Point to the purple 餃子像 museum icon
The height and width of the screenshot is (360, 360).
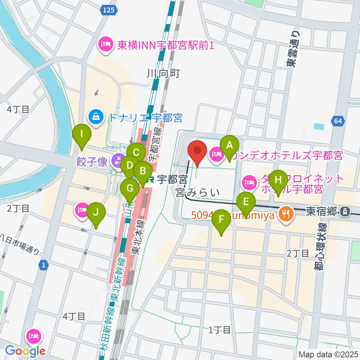point(119,162)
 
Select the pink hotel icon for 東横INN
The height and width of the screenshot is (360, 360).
point(105,45)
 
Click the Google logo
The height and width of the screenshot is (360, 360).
point(25,351)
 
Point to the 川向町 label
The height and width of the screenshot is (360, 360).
point(164,73)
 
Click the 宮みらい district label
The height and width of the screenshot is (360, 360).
point(197,193)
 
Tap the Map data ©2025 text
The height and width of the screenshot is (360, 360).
point(328,354)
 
